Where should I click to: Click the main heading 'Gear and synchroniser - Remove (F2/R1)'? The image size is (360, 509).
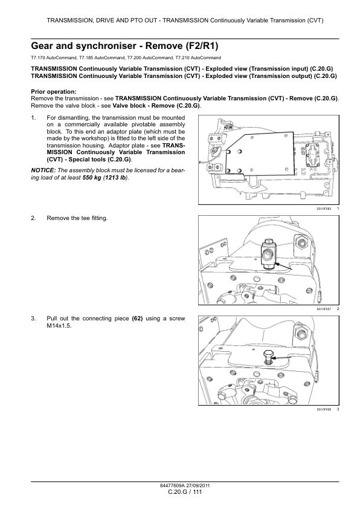[x=124, y=45]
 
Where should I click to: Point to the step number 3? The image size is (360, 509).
[x=33, y=318]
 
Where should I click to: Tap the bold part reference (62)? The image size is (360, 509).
[x=137, y=318]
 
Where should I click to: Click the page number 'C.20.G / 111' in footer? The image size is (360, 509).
[x=179, y=493]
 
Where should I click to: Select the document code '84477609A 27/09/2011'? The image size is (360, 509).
[x=179, y=485]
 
